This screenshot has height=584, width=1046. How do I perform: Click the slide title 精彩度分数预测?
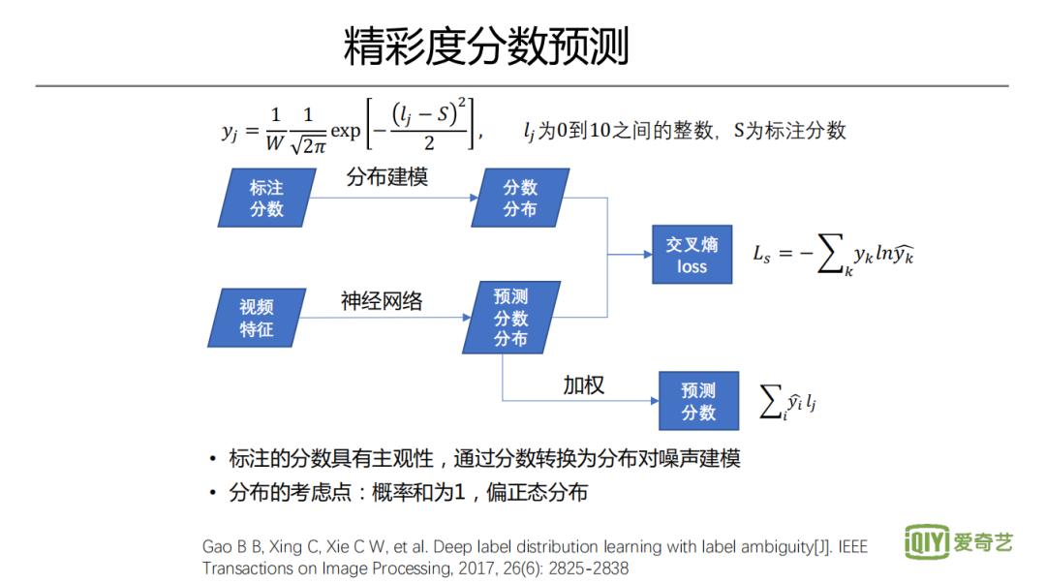tap(486, 46)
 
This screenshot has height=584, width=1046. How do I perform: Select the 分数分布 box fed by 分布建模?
tap(520, 199)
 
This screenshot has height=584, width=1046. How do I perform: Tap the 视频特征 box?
tap(257, 318)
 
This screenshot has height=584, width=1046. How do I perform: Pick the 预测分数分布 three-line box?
tap(510, 318)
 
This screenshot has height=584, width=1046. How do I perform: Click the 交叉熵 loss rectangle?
tap(692, 256)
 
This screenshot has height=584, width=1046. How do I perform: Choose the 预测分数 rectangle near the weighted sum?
tap(697, 401)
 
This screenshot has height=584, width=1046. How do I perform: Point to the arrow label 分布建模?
tap(386, 177)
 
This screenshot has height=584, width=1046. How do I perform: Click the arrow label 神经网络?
tap(382, 301)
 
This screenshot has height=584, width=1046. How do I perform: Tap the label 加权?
tap(584, 384)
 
